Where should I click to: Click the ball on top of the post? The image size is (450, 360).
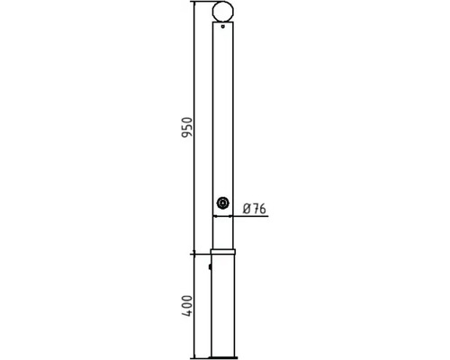pos(222,12)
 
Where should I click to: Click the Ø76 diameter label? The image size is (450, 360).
pos(255,209)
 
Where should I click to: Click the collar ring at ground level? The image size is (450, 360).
pos(222,251)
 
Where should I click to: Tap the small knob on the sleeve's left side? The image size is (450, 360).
pos(210,266)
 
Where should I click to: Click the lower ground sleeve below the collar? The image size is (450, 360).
pos(222,306)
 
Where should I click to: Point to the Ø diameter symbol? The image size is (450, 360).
pos(247,209)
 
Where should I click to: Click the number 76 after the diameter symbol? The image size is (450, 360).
pos(259,209)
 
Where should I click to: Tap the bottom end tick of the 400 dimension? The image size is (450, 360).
pos(193,357)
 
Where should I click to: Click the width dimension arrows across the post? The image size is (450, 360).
pos(222,217)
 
